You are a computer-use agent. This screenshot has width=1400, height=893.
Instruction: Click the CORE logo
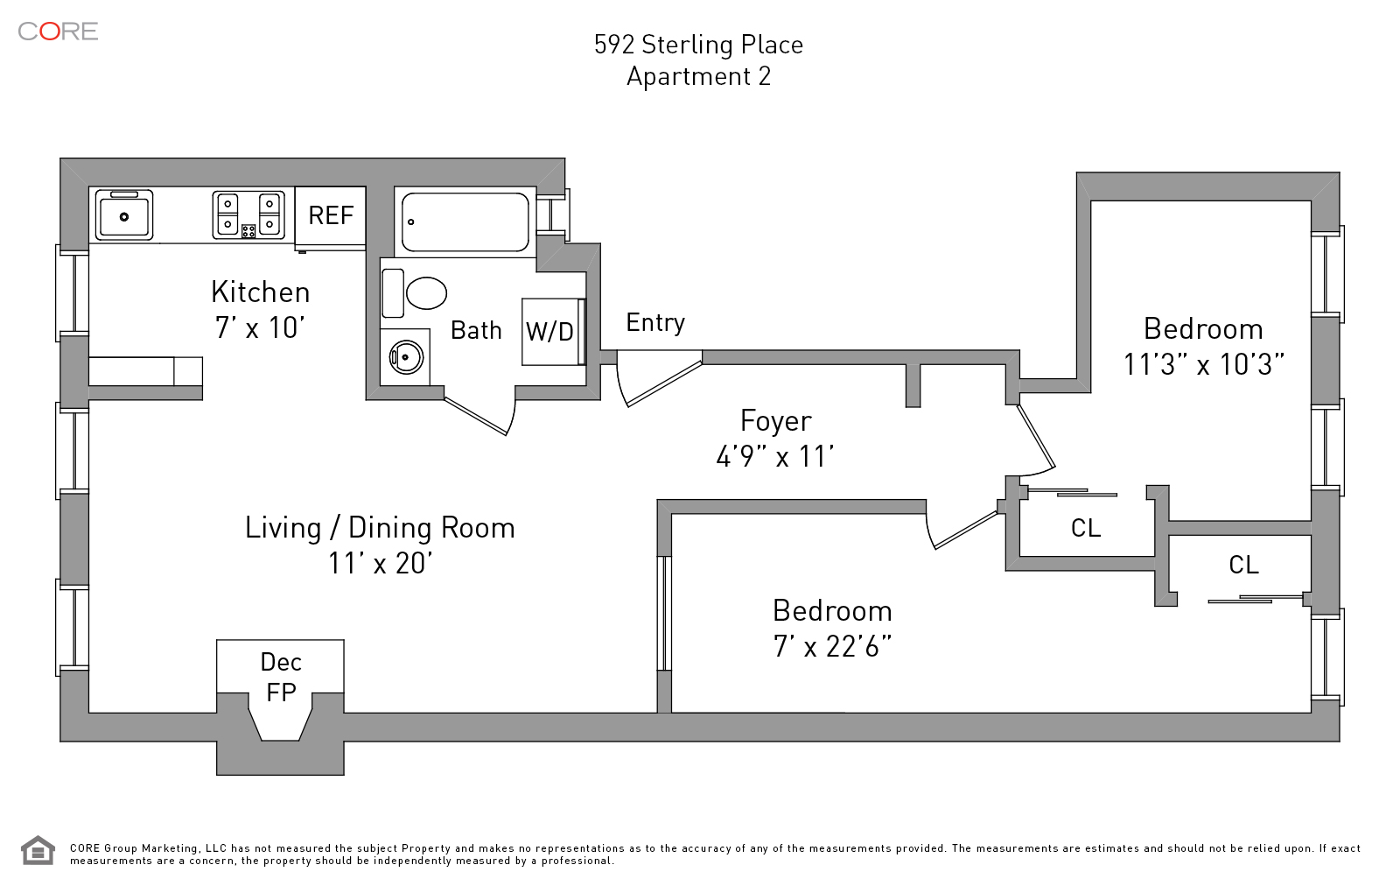point(58,32)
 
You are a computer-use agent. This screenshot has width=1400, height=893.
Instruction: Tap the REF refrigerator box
point(330,215)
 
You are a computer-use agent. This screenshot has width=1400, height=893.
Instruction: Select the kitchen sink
point(123,214)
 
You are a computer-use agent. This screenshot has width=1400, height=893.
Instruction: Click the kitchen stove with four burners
point(248,214)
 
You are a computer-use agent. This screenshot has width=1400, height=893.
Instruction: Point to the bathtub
point(465,221)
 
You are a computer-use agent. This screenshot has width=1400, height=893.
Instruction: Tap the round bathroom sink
point(405,356)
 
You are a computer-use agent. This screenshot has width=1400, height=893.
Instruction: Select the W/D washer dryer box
point(550,332)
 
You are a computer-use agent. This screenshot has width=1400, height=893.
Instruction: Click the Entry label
point(655,323)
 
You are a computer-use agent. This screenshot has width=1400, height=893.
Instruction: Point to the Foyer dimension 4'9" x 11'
point(775,456)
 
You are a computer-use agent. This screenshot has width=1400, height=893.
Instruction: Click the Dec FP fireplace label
point(281,677)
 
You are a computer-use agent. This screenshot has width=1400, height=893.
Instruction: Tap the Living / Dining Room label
point(380,528)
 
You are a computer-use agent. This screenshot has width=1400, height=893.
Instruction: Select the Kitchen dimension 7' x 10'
point(260,327)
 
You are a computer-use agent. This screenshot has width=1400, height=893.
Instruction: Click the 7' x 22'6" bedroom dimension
point(832,647)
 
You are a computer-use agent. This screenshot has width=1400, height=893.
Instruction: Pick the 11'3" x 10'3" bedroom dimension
point(1203,364)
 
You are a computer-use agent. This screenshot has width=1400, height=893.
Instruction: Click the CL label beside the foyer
point(1085,528)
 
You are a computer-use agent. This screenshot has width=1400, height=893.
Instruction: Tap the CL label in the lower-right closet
point(1243,565)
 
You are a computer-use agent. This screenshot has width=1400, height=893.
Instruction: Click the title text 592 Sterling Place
point(698,45)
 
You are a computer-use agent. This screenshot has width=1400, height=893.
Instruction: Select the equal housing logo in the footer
point(38,850)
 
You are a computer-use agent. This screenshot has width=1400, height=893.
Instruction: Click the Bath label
point(476,331)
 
